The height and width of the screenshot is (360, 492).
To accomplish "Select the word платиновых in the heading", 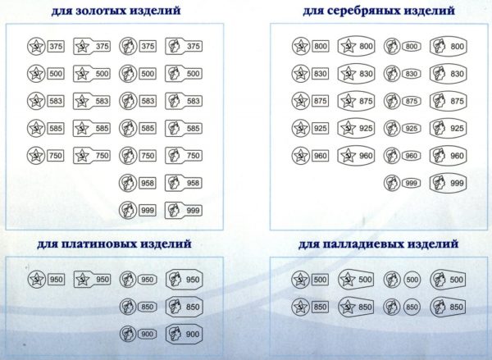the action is [98, 244].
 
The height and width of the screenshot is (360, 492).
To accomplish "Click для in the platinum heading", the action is [48, 244].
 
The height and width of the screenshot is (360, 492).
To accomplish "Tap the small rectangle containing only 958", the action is [148, 183].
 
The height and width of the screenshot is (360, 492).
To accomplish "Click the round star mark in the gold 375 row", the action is [36, 47].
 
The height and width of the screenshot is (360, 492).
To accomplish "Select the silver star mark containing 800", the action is [357, 47].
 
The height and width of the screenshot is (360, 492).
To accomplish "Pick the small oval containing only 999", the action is [411, 183].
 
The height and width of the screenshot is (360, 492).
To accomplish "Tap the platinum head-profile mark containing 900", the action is [184, 335].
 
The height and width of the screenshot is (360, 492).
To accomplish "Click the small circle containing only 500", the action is [412, 280].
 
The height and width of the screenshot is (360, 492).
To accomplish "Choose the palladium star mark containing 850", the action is [356, 307].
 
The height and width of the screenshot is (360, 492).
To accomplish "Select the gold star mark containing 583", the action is [92, 101].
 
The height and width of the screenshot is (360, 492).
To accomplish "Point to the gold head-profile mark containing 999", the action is [184, 210].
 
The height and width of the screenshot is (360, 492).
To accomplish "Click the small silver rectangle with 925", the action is [320, 129].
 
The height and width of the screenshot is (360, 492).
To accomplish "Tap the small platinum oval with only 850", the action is [147, 307].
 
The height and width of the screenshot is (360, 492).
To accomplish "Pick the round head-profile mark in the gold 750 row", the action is [128, 156].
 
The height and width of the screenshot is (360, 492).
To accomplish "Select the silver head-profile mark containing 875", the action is [448, 101].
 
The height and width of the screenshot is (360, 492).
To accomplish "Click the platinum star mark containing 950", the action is [92, 280].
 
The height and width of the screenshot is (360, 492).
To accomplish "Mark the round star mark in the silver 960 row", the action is [301, 156].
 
